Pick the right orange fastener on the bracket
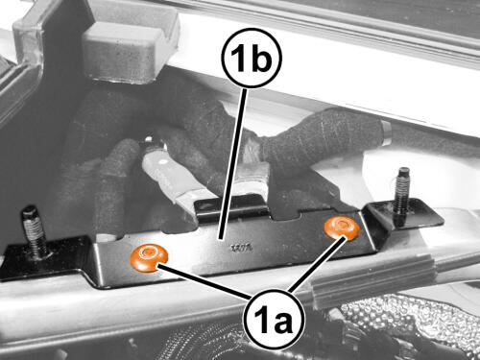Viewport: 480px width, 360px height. coord(342,228)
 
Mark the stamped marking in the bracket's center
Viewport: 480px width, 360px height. coord(243,248)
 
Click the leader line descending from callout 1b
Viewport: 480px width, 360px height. coord(232,164)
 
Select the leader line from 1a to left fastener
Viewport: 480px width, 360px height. coord(204,281)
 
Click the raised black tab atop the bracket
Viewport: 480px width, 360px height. coord(232,208)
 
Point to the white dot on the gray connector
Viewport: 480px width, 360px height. coord(163,162)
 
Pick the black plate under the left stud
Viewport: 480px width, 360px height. coord(45,257)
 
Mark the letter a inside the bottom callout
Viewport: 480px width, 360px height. coord(282,323)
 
